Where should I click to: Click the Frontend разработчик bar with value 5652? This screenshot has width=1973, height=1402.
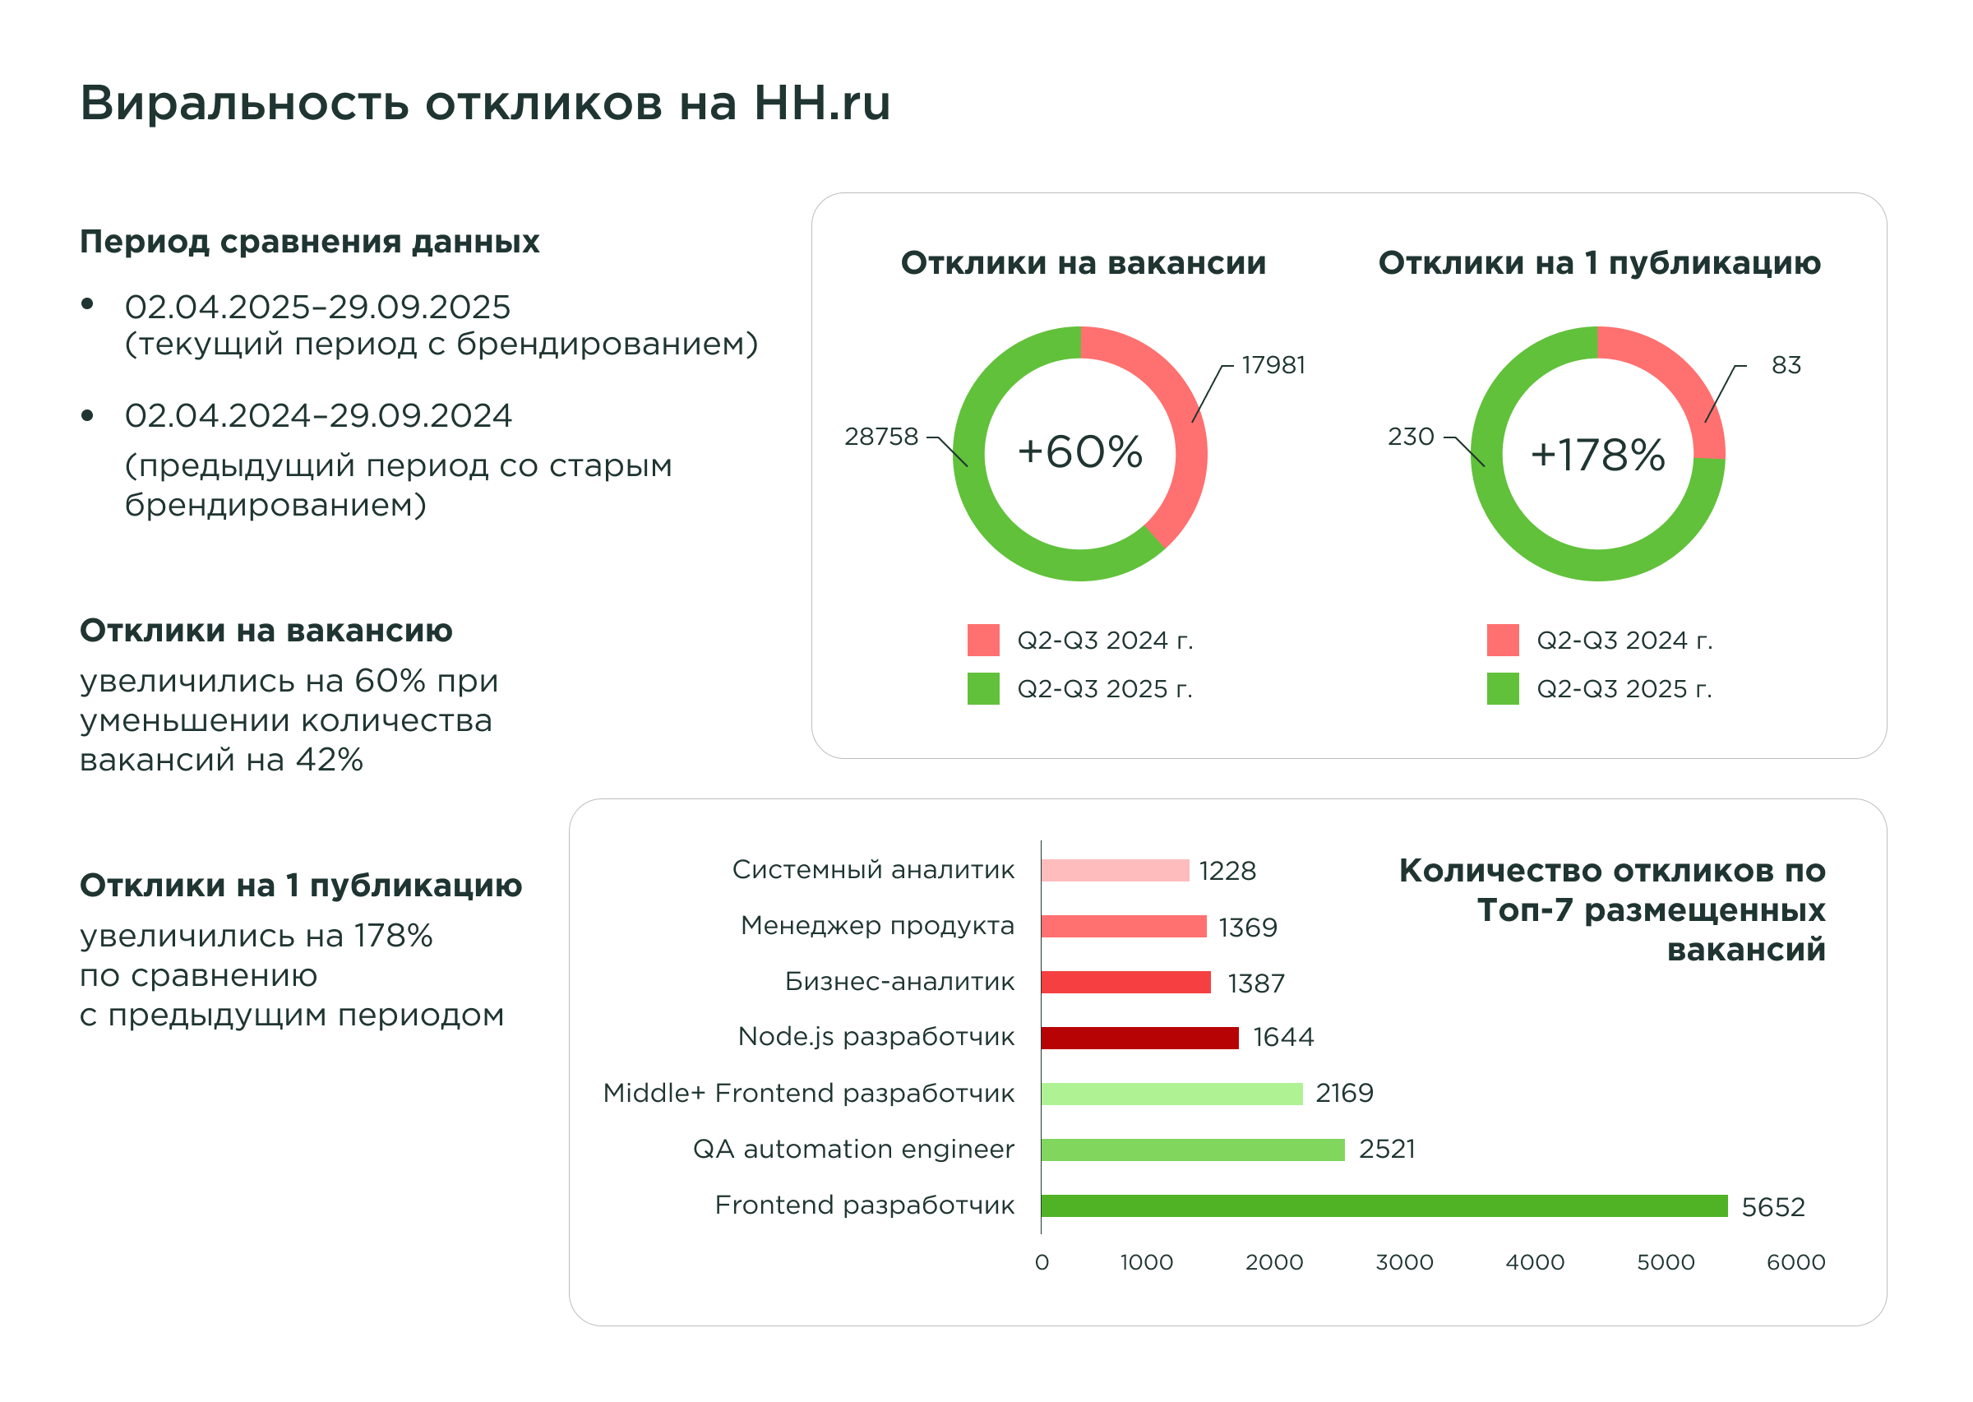click(x=1384, y=1205)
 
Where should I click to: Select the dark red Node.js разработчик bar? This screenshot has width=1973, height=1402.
click(x=1139, y=1038)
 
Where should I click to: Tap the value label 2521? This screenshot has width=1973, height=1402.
click(x=1386, y=1149)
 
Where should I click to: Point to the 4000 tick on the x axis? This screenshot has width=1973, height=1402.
click(x=1535, y=1262)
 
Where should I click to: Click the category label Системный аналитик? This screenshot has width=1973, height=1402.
click(x=872, y=869)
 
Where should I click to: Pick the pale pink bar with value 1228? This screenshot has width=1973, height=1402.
click(x=1114, y=870)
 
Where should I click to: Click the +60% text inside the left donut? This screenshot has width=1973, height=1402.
click(x=1079, y=452)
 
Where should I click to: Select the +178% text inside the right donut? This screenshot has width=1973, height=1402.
click(x=1597, y=455)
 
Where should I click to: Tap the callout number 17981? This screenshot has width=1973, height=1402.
click(x=1273, y=365)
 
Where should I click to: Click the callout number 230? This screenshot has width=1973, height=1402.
click(x=1410, y=437)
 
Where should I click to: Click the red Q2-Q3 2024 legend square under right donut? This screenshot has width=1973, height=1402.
click(x=1503, y=640)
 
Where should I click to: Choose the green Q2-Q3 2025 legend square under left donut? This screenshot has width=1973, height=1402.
click(x=983, y=688)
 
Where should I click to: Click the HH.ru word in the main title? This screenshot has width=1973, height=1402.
click(x=821, y=103)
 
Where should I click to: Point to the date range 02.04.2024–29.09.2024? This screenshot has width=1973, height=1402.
click(x=317, y=416)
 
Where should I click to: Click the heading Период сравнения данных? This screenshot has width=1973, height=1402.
click(x=309, y=242)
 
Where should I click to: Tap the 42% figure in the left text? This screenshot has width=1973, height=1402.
click(x=329, y=760)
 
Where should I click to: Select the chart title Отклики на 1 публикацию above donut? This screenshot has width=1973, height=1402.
click(x=1598, y=262)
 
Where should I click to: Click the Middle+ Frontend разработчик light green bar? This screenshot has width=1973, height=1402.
click(x=1171, y=1094)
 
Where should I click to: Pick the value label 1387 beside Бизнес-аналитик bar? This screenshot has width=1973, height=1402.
click(x=1256, y=983)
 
